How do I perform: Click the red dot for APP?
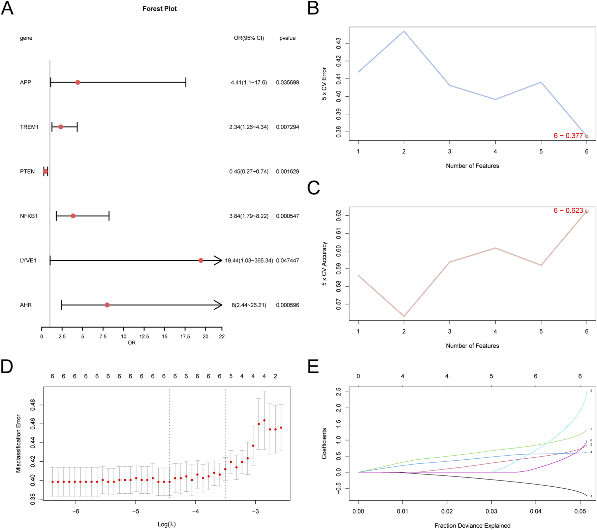pyautogui.click(x=77, y=82)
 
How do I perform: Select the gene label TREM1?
pyautogui.click(x=29, y=127)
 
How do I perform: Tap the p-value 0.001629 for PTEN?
pyautogui.click(x=287, y=172)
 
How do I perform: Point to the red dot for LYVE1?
pyautogui.click(x=201, y=260)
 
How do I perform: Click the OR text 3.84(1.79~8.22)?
pyautogui.click(x=249, y=216)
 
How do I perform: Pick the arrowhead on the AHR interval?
pyautogui.click(x=218, y=305)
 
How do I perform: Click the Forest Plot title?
pyautogui.click(x=159, y=9)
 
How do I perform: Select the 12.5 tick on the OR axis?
pyautogui.click(x=144, y=337)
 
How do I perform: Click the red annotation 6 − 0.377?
pyautogui.click(x=568, y=136)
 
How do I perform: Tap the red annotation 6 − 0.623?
pyautogui.click(x=568, y=211)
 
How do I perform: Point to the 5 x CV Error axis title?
pyautogui.click(x=324, y=84)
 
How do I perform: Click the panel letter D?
pyautogui.click(x=7, y=366)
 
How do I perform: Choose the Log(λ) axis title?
pyautogui.click(x=166, y=524)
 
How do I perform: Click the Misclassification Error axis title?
pyautogui.click(x=19, y=444)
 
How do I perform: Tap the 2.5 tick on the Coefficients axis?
pyautogui.click(x=338, y=392)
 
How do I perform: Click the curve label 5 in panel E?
pyautogui.click(x=591, y=391)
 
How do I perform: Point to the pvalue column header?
pyautogui.click(x=287, y=38)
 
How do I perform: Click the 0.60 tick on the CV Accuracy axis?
pyautogui.click(x=338, y=251)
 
